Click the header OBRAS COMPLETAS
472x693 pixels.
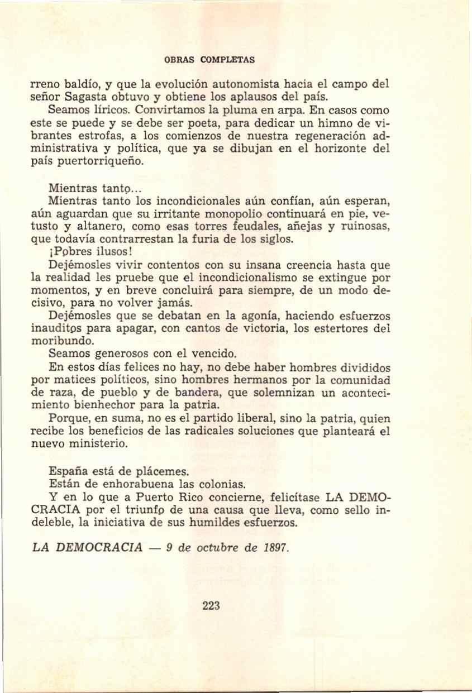click(x=210, y=59)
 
